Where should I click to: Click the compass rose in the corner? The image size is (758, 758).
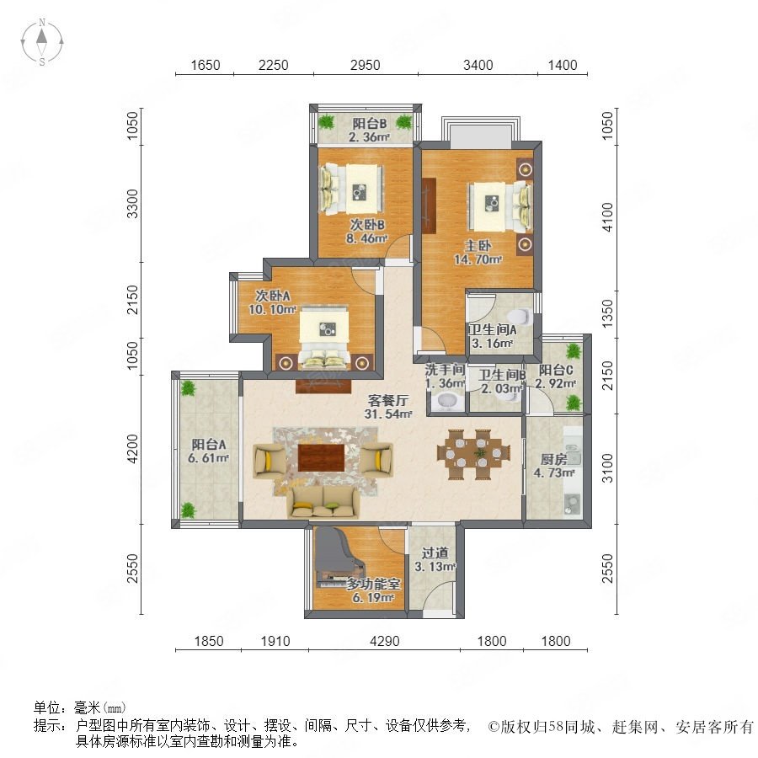click(x=42, y=41)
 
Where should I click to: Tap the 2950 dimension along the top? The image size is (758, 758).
click(x=365, y=65)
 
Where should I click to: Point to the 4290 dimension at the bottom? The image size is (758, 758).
click(x=384, y=641)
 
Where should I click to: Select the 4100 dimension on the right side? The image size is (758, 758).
click(x=606, y=217)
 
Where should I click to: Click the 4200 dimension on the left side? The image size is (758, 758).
click(x=132, y=448)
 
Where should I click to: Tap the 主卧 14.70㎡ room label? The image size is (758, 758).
click(x=478, y=253)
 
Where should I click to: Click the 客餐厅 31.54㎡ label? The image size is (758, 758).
click(x=388, y=407)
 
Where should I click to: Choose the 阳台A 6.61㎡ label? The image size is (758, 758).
click(x=208, y=451)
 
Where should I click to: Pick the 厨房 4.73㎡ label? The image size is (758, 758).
click(x=554, y=466)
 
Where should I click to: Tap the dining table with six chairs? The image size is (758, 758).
click(x=473, y=454)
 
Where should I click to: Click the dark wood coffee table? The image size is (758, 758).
click(x=321, y=457)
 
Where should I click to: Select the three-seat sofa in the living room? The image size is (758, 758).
click(x=323, y=502)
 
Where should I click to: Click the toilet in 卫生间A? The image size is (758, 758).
click(x=520, y=316)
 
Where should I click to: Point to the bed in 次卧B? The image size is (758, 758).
click(x=351, y=189)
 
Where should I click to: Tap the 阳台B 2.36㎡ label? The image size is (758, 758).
click(x=369, y=130)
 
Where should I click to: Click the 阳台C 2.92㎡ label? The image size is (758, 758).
click(x=556, y=376)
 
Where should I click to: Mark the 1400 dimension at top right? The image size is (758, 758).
click(x=563, y=65)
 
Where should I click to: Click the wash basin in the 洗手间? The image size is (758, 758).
click(x=446, y=402)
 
